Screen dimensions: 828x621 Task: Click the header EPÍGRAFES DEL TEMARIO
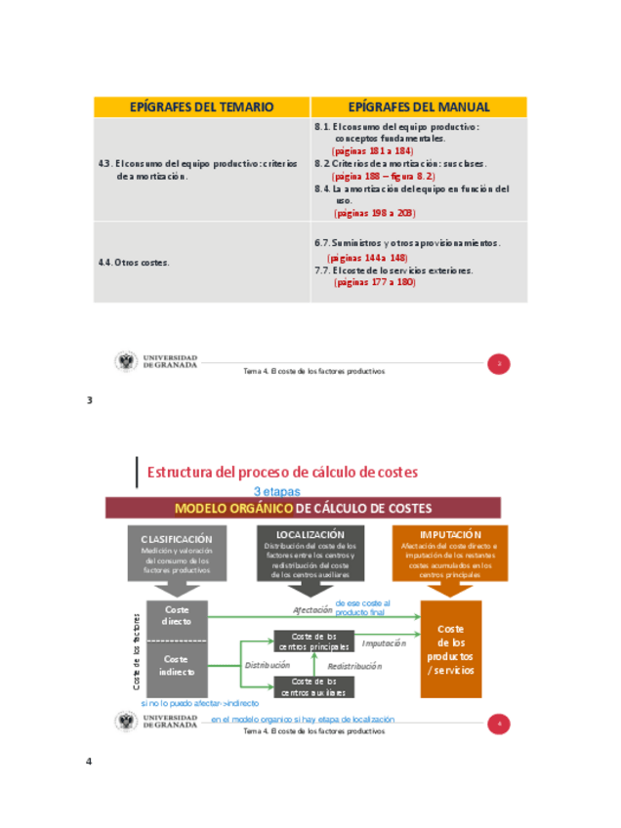pos(202,107)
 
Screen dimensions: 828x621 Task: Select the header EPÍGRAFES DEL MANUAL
pos(419,107)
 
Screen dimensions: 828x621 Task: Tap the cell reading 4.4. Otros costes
pos(134,263)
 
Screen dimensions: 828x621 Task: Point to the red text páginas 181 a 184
pos(373,151)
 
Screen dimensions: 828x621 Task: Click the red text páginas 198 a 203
pos(375,212)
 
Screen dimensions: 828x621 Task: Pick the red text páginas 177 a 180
pos(375,282)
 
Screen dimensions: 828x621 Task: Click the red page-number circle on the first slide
pos(499,364)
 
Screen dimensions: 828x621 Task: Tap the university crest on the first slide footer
pos(127,362)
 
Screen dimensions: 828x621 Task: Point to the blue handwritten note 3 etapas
pos(277,492)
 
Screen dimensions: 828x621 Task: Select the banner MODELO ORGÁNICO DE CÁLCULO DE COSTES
pos(303,508)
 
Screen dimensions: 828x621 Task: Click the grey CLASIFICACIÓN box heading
pos(177,539)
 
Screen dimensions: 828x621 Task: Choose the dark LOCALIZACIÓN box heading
pos(310,535)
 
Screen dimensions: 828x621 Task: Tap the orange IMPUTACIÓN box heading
pos(451,535)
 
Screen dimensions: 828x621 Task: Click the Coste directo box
pos(177,615)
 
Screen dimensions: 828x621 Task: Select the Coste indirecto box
pos(177,665)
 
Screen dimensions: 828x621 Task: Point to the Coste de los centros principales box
pos(314,641)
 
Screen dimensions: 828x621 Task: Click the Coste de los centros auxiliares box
pos(314,686)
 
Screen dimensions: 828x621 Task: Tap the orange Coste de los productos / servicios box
pos(451,649)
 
